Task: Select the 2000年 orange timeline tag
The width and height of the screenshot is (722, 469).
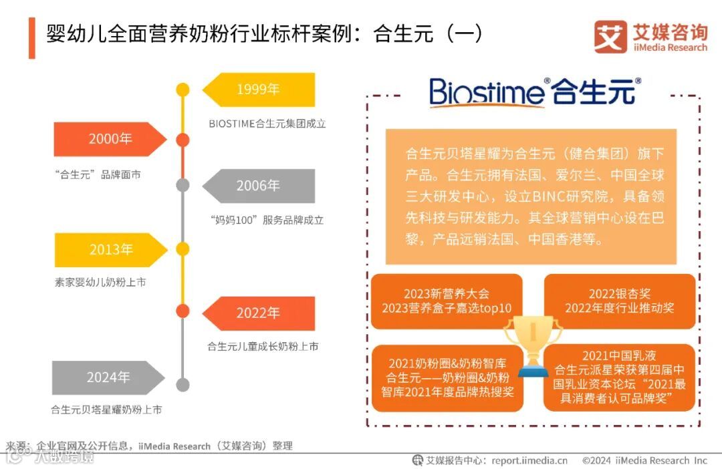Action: click(110, 139)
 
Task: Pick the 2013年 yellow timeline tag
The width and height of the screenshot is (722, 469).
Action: click(110, 249)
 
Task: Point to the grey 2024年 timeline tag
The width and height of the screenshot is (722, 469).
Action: click(107, 377)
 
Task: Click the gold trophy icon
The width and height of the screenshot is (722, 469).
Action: click(533, 342)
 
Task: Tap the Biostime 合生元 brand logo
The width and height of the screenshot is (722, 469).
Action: click(534, 91)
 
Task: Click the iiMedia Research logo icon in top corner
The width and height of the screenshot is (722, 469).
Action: click(610, 37)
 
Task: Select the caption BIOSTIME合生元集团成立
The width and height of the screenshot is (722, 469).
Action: click(267, 124)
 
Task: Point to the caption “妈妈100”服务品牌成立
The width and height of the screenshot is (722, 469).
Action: click(266, 220)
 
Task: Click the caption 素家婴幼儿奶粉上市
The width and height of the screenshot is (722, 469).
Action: click(100, 282)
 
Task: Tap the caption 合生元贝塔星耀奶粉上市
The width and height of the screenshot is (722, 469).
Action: click(107, 410)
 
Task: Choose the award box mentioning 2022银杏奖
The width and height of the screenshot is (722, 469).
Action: click(620, 301)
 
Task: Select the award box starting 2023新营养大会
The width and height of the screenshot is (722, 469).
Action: click(447, 301)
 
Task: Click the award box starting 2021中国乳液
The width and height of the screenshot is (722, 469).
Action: click(620, 378)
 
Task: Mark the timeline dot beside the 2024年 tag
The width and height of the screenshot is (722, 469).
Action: click(182, 385)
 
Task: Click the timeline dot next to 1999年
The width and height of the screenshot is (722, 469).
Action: click(182, 90)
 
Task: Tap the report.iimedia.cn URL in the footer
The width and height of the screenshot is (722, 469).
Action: click(529, 460)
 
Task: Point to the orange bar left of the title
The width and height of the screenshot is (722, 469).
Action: click(31, 38)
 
